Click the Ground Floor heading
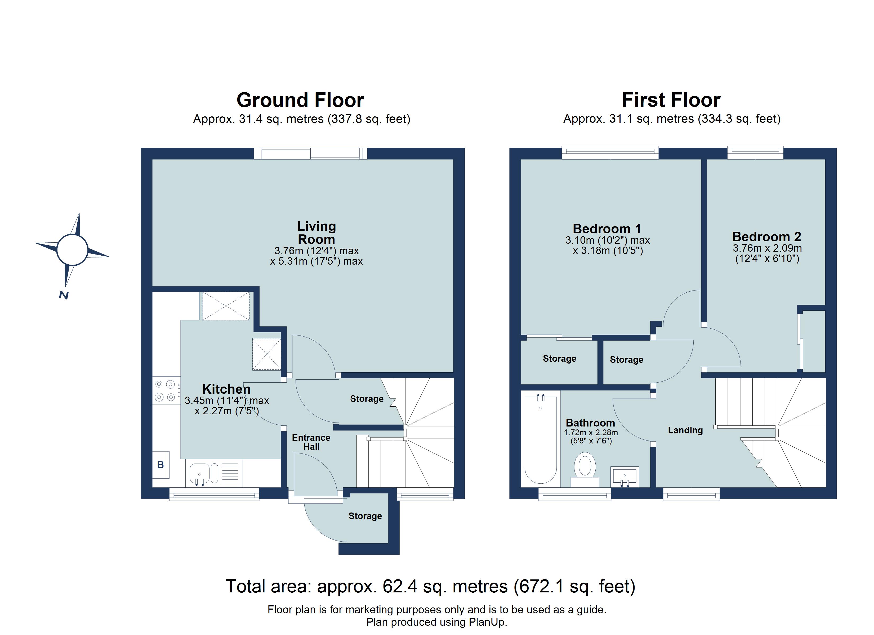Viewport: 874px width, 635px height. tap(300, 100)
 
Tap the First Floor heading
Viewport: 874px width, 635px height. tap(671, 100)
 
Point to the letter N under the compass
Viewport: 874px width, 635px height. tap(64, 295)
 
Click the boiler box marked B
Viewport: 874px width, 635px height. tap(161, 465)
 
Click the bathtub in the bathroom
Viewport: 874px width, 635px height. tap(540, 439)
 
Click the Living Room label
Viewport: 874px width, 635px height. tap(316, 233)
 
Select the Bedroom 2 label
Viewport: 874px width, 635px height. tap(766, 237)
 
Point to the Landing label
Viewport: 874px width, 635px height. tap(685, 430)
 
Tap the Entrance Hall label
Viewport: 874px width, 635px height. tap(311, 442)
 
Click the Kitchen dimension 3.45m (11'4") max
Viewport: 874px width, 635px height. tap(227, 401)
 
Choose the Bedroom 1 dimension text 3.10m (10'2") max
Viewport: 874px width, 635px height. tap(607, 240)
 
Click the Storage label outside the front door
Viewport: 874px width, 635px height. tap(365, 516)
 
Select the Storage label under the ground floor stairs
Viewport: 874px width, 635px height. tap(367, 399)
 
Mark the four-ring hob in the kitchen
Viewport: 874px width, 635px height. tap(165, 391)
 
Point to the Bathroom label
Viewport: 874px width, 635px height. tap(590, 423)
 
